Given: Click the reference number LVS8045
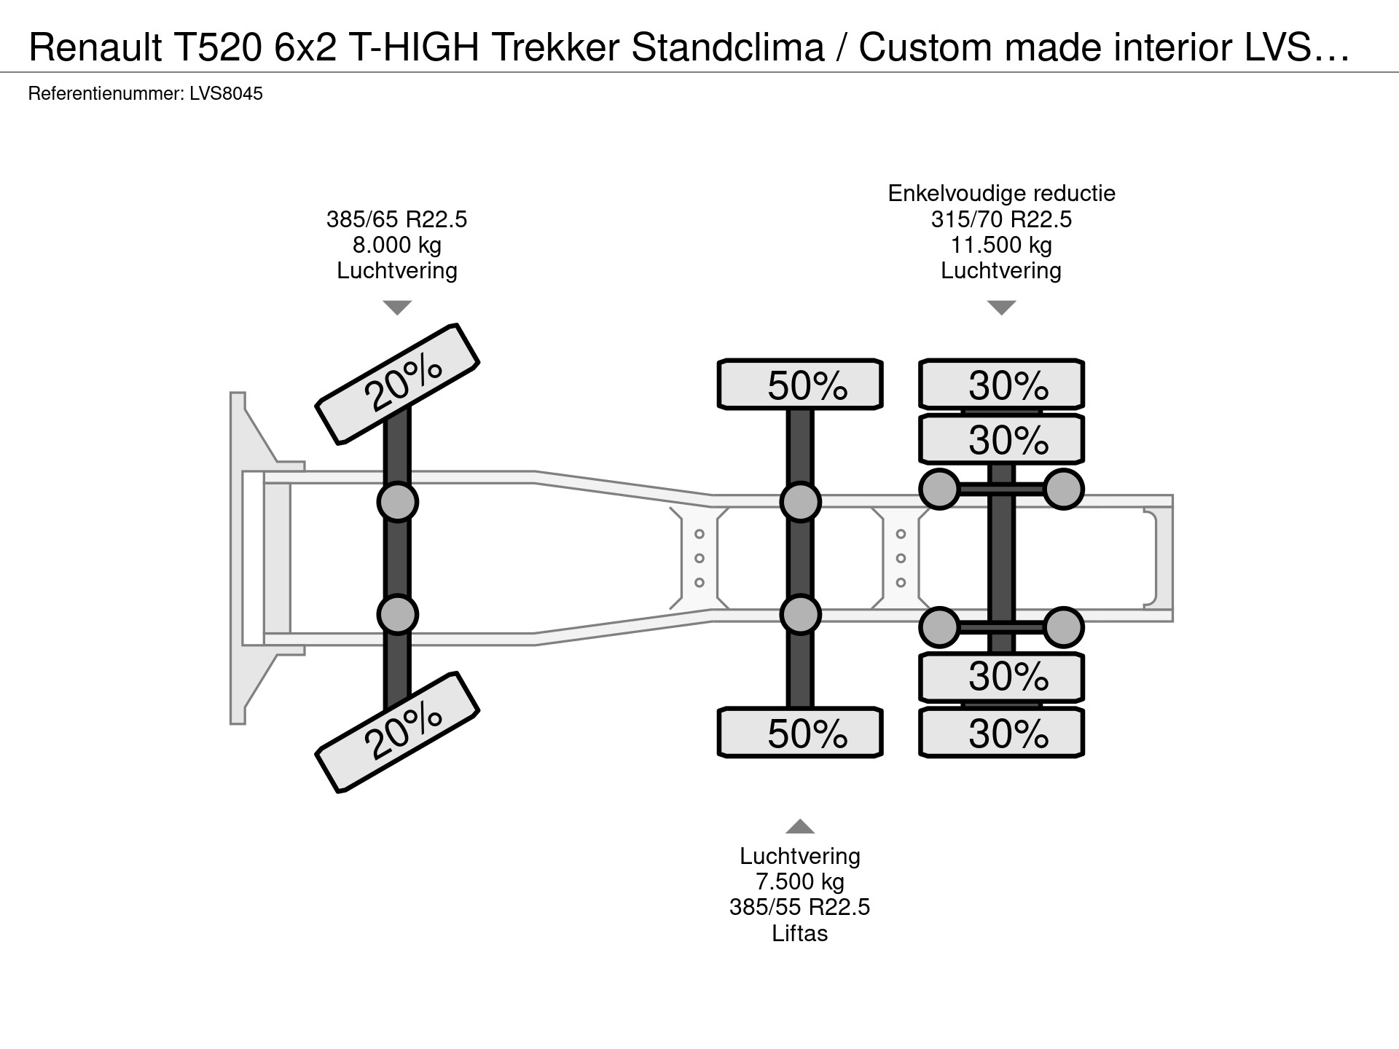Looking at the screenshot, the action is pos(226,94).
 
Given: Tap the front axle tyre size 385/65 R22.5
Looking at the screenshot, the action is pos(397,219).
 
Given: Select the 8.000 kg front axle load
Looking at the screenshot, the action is pos(397,245).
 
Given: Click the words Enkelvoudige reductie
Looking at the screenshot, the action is pos(1002,194).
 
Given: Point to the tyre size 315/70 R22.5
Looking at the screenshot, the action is pos(1002,219).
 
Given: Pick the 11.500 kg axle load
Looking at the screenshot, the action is pos(1002,245).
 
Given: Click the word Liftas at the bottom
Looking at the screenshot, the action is pos(800,933).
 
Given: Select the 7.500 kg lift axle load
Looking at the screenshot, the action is pos(800,882).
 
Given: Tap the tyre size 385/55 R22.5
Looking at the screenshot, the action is pos(800,908).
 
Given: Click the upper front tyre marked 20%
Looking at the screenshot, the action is pos(397,383).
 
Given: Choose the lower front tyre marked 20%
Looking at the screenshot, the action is pos(397,731).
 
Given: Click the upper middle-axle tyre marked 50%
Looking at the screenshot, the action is pos(800,384).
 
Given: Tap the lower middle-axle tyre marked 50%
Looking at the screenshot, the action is pos(800,732).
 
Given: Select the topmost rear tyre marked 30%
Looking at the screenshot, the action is pos(1002,384).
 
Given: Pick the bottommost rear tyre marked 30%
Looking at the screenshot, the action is pos(1002,732).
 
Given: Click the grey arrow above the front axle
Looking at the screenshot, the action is pos(397,307).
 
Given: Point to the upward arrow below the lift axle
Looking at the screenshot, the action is pos(800,826).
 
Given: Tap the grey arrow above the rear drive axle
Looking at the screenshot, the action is pos(1002,307).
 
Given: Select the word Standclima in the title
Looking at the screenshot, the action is pos(728,47).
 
